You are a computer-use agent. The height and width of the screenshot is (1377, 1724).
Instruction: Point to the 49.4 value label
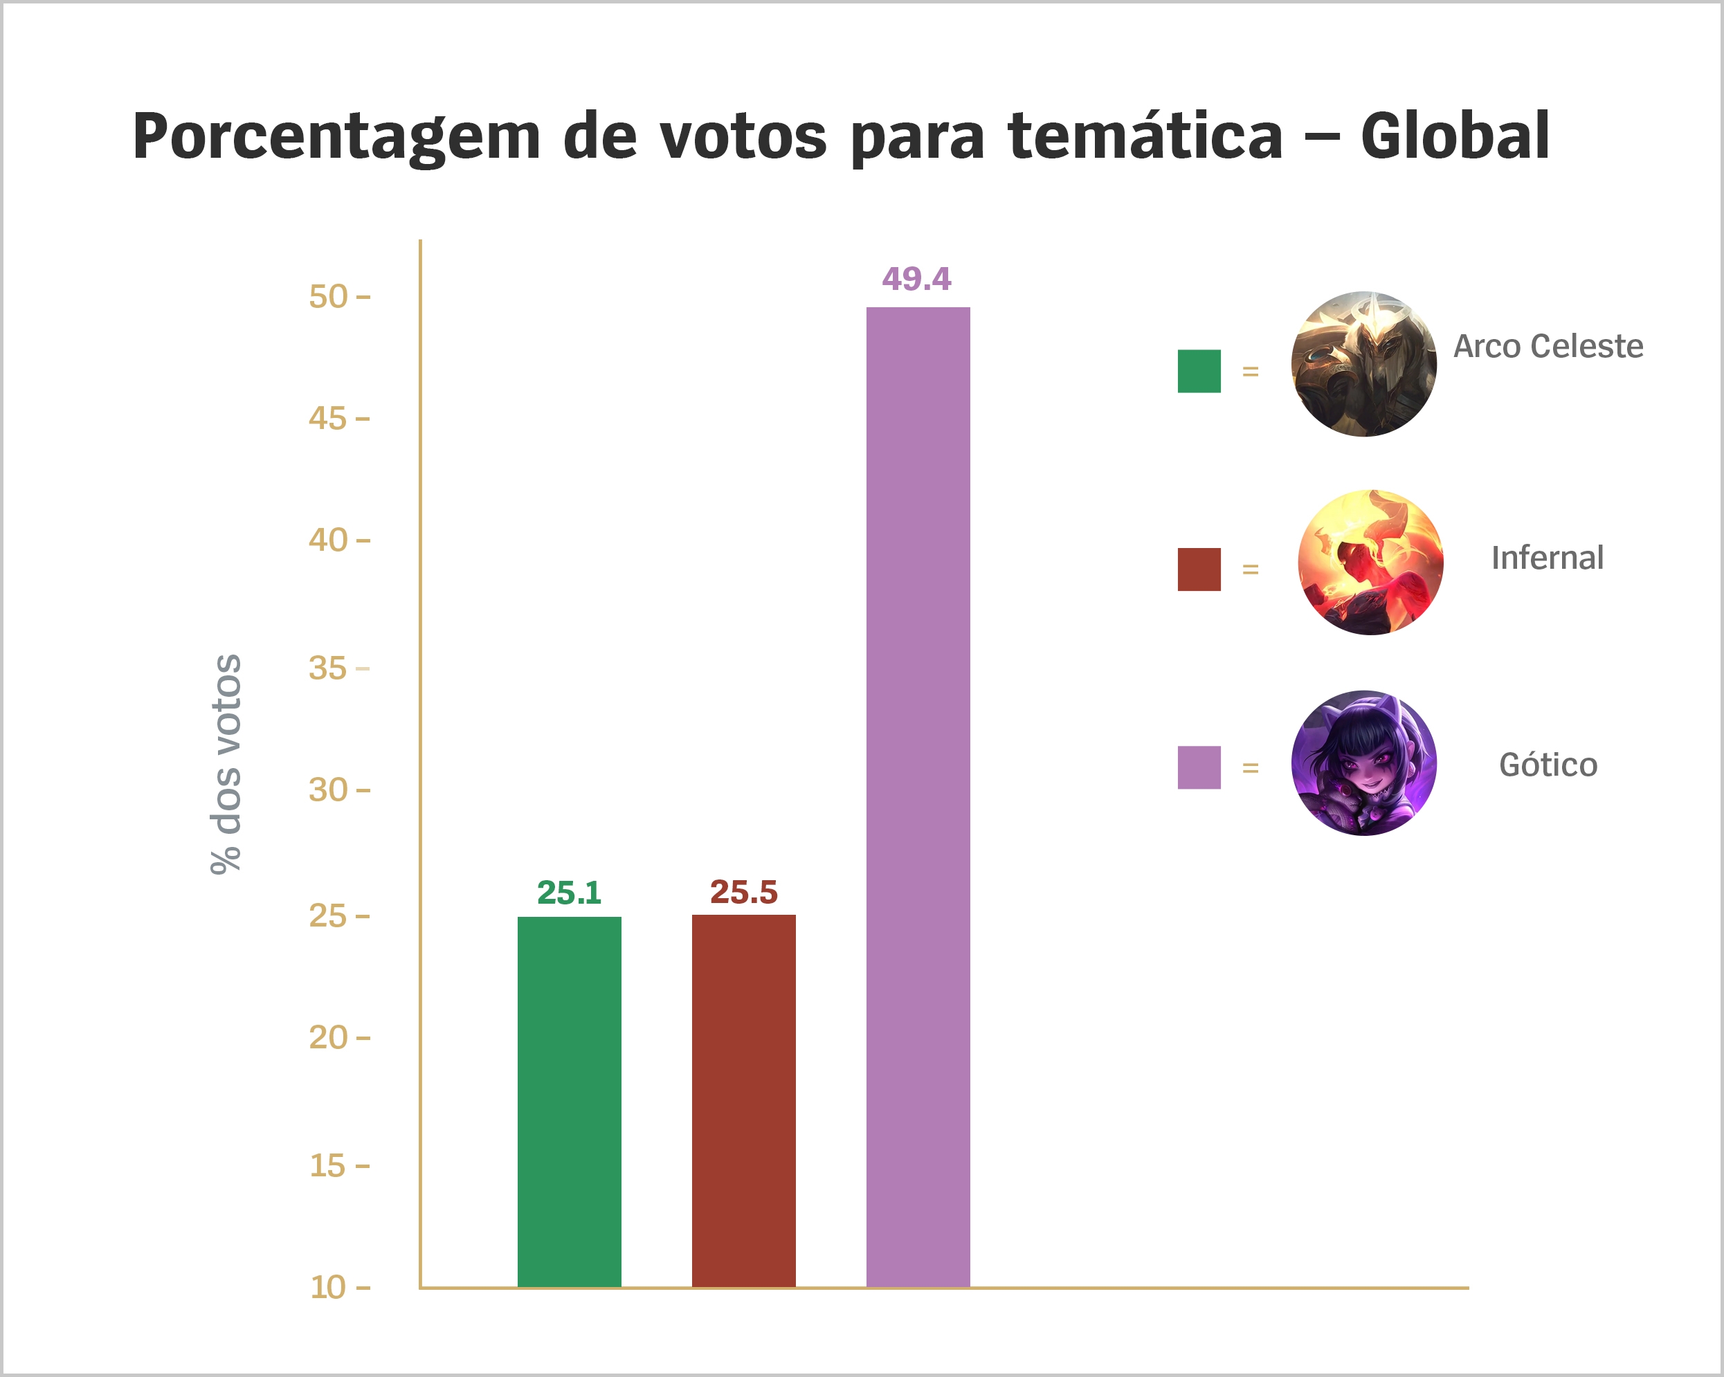click(x=916, y=279)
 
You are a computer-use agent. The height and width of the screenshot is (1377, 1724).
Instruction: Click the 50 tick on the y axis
click(x=329, y=297)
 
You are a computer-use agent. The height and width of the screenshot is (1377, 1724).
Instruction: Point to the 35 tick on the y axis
click(x=329, y=668)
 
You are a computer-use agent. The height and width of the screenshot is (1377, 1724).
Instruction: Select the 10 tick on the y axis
click(x=329, y=1288)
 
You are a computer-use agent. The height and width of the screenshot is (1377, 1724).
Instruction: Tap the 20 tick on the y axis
click(x=329, y=1038)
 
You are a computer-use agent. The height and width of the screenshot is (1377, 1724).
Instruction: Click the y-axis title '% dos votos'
click(x=226, y=764)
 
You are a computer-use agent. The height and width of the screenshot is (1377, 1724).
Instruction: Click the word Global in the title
click(x=1455, y=136)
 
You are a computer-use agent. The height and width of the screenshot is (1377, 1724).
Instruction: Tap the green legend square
click(x=1199, y=371)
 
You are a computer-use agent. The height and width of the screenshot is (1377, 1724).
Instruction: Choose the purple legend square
click(x=1199, y=767)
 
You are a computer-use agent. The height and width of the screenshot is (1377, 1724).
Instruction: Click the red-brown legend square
click(x=1199, y=569)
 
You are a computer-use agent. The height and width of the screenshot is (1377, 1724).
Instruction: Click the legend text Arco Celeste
click(x=1548, y=346)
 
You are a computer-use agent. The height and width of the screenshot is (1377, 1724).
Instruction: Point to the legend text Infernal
click(x=1548, y=557)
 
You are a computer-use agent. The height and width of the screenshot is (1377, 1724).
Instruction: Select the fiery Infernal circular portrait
click(x=1370, y=562)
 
